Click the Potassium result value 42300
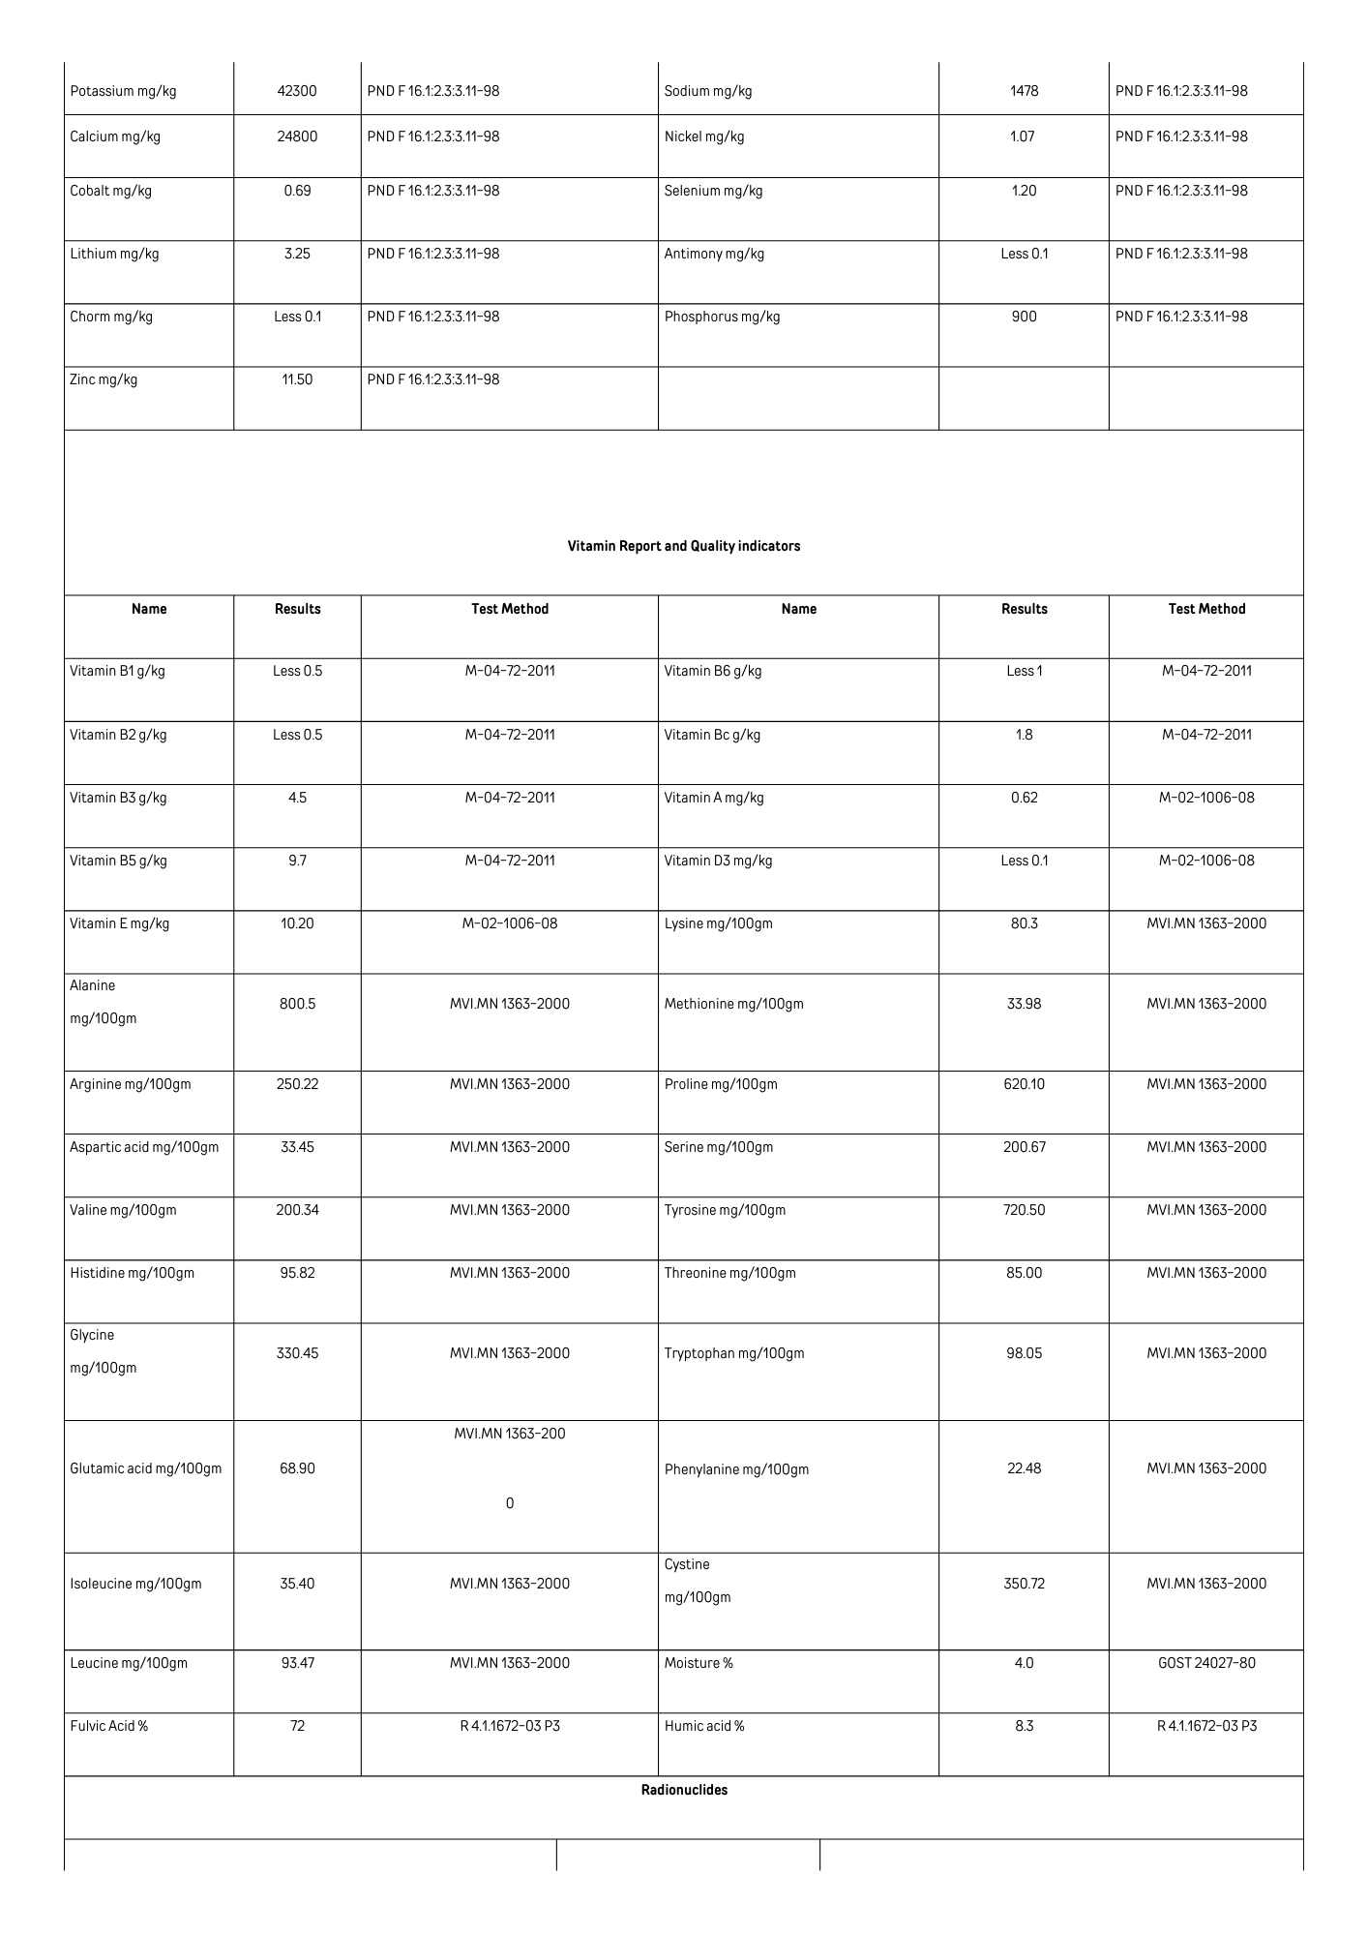click(297, 91)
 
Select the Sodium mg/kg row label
click(708, 91)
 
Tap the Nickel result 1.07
click(1023, 136)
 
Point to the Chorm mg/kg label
click(111, 317)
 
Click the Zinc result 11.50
click(297, 379)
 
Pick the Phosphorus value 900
click(1024, 317)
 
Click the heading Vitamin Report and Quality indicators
click(684, 546)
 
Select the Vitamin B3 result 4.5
click(297, 798)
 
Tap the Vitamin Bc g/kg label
click(712, 735)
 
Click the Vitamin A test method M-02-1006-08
click(1206, 798)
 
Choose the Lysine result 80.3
click(1024, 923)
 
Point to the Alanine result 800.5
click(297, 1004)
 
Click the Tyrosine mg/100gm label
click(725, 1210)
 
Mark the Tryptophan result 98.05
click(1024, 1353)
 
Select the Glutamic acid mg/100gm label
click(146, 1468)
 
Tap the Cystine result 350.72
click(1024, 1584)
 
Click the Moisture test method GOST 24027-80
click(1206, 1663)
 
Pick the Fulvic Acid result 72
click(297, 1726)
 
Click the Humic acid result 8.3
click(1024, 1726)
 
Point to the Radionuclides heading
click(684, 1790)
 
